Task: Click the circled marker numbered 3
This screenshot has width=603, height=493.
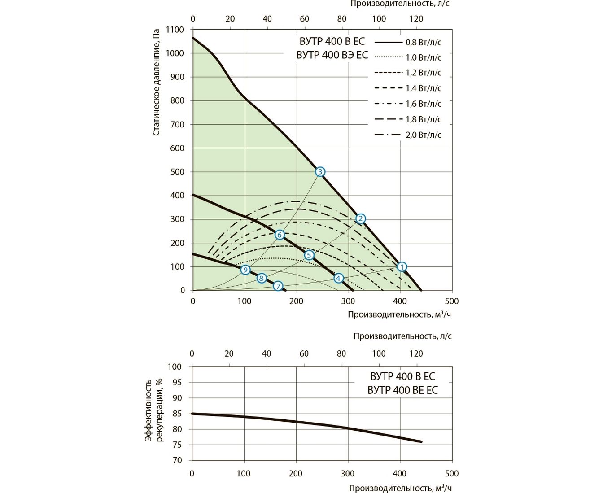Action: pos(320,172)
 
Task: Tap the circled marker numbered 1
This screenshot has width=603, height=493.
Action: pos(402,267)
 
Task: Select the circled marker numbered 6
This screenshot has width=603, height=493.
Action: pos(280,235)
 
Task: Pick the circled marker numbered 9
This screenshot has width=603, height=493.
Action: pos(245,270)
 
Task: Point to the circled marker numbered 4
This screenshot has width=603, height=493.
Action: pos(338,278)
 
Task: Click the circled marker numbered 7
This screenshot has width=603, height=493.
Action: pos(278,286)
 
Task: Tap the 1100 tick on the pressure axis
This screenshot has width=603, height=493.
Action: pos(175,30)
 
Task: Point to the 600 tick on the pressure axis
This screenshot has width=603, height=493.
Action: pos(178,148)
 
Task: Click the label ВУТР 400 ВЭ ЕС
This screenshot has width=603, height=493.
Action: pos(332,55)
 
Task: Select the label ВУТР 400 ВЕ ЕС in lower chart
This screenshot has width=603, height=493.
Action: pos(402,390)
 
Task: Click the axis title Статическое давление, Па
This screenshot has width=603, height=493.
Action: pos(156,83)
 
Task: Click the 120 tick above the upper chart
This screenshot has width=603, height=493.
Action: pos(416,19)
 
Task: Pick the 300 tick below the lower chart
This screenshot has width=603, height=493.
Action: pos(348,473)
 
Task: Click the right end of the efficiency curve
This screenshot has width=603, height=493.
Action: pos(421,442)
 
